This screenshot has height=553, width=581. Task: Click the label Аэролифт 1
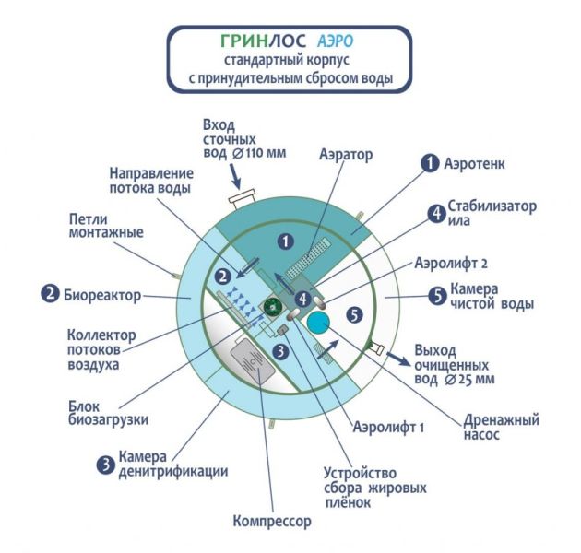tap(383, 428)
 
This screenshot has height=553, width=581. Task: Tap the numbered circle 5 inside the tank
tap(354, 314)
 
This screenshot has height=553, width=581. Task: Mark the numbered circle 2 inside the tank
tap(222, 276)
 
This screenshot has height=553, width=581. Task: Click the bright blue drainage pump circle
tap(320, 323)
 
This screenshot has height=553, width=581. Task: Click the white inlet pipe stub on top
tap(244, 198)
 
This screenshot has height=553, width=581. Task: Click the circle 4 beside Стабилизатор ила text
tap(435, 214)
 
